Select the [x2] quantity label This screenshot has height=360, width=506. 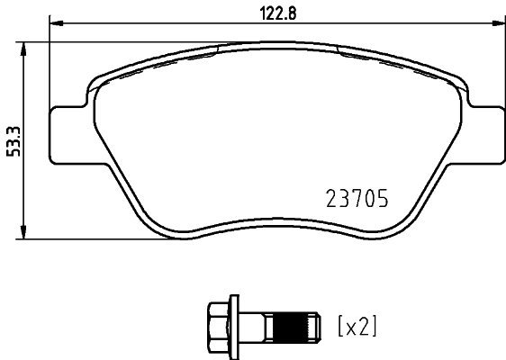[x=357, y=323]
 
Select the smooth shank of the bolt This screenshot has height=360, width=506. [x=257, y=322]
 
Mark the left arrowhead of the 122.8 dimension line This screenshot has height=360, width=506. [x=53, y=24]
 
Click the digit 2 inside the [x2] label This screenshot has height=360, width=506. [x=362, y=323]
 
